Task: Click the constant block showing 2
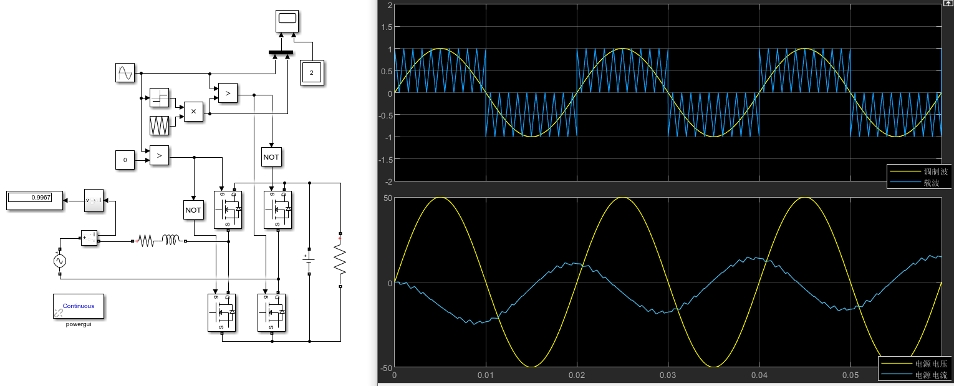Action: [x=312, y=73]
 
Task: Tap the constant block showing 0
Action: [x=125, y=160]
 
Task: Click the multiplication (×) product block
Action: [x=193, y=112]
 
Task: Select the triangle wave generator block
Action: [x=160, y=125]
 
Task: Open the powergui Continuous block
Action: [x=79, y=306]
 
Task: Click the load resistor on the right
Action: [x=340, y=261]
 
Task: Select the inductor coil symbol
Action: [x=171, y=239]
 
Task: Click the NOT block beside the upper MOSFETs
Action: [x=271, y=157]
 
